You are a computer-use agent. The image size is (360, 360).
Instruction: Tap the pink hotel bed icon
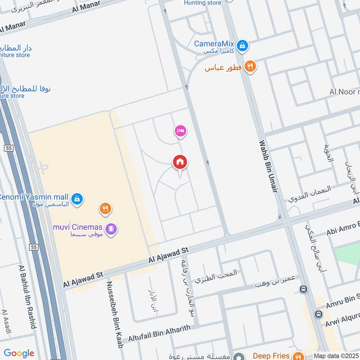[x=180, y=131]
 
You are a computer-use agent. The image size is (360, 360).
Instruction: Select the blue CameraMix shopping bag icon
[x=243, y=45]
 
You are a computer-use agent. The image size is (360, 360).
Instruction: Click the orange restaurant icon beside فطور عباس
[x=250, y=67]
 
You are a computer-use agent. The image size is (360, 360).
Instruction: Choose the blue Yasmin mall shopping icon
[x=77, y=198]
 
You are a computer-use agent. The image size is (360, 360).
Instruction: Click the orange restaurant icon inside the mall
[x=105, y=209]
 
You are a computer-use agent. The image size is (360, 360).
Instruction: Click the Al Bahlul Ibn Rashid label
[x=27, y=297]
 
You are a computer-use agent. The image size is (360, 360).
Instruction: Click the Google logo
[x=19, y=353]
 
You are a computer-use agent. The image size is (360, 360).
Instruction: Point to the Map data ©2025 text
[x=336, y=356]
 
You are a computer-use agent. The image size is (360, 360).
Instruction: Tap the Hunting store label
[x=202, y=3]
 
